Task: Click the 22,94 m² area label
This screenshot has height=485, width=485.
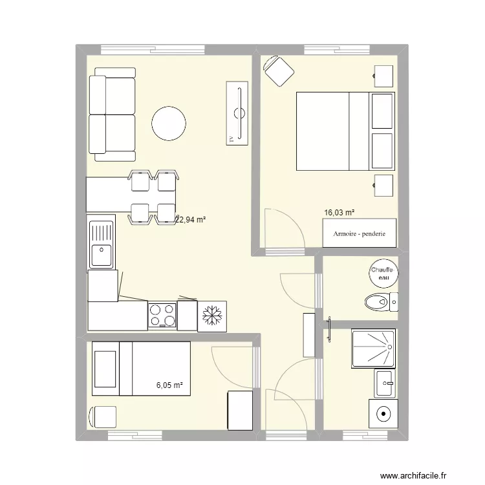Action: [190, 220]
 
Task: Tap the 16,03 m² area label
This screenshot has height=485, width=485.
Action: [339, 212]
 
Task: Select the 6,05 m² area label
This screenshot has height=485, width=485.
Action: [170, 385]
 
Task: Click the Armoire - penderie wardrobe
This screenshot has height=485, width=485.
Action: [360, 233]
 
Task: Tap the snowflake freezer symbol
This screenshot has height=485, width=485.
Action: [211, 316]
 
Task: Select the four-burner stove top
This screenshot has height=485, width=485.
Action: [162, 315]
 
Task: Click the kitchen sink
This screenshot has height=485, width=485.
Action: [101, 244]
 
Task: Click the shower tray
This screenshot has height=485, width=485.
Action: [373, 349]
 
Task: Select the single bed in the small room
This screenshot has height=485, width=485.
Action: [141, 367]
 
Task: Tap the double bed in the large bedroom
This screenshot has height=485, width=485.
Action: [345, 131]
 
